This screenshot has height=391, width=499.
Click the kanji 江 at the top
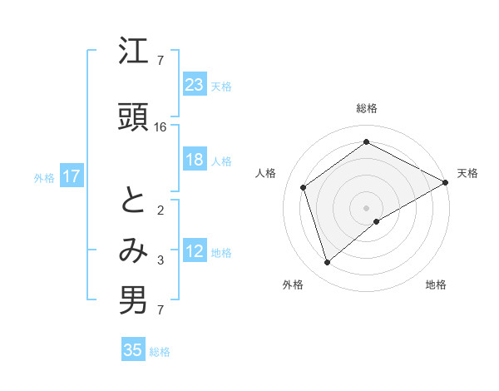click(x=133, y=54)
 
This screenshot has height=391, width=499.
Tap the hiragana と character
click(x=133, y=203)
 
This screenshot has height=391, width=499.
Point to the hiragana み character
click(x=133, y=252)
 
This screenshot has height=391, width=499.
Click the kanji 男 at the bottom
click(x=133, y=301)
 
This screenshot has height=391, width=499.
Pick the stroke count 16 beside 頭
click(x=161, y=126)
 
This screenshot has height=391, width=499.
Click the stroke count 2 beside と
click(x=161, y=210)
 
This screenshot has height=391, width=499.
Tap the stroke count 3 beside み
click(x=161, y=260)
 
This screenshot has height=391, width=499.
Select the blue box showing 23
click(x=195, y=85)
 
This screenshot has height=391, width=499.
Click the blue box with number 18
click(x=195, y=160)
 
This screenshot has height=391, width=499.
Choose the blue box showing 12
click(x=195, y=252)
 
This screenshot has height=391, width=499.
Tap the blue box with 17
click(x=72, y=176)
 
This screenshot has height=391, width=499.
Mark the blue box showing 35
click(x=133, y=350)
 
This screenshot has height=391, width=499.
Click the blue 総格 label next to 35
click(x=160, y=351)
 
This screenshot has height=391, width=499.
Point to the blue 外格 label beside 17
click(x=44, y=177)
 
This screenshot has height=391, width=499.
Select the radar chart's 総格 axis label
click(x=366, y=108)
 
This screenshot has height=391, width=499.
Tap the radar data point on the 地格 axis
click(x=377, y=221)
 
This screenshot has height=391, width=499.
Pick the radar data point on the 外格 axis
click(x=327, y=263)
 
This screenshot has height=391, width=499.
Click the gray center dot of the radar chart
click(x=366, y=207)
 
